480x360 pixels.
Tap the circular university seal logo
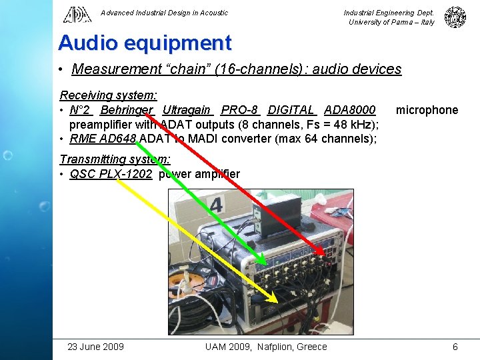[455, 17]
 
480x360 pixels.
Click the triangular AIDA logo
[77, 14]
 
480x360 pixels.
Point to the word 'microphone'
[427, 110]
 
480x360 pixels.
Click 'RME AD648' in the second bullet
[103, 139]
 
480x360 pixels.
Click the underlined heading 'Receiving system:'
[109, 96]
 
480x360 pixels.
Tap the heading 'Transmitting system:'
[115, 159]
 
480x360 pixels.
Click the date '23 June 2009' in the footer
[96, 346]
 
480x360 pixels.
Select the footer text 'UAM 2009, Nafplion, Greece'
[266, 346]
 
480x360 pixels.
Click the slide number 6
[455, 346]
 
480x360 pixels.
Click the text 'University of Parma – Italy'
[391, 22]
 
